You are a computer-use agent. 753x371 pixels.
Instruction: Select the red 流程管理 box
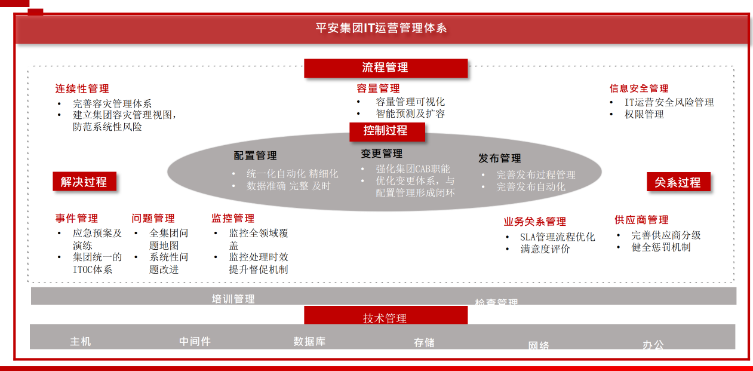(x=385, y=68)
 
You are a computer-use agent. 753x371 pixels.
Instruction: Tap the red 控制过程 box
(x=386, y=131)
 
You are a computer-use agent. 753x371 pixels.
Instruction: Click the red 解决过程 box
(x=84, y=182)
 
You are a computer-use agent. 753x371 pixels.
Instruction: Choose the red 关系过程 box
(x=678, y=182)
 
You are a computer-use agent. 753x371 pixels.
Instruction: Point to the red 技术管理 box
(x=385, y=317)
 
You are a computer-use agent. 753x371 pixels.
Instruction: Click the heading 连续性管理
(x=82, y=89)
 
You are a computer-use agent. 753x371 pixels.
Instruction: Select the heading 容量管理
(x=378, y=89)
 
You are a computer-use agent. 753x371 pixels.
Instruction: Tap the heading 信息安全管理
(x=638, y=88)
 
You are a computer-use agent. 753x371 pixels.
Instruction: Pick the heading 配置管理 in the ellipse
(x=255, y=156)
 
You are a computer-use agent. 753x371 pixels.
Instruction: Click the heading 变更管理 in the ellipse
(x=382, y=154)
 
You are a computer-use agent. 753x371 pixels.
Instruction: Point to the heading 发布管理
(x=499, y=158)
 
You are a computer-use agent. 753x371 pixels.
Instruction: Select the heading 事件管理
(x=76, y=219)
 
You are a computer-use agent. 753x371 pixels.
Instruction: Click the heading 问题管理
(x=153, y=219)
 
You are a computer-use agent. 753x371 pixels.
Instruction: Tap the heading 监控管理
(x=233, y=219)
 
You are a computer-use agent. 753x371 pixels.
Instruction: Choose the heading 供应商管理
(x=641, y=220)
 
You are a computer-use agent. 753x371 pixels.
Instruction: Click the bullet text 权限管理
(x=644, y=114)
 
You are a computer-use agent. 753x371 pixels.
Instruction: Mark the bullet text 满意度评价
(x=545, y=249)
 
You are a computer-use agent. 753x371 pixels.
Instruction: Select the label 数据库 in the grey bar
(x=309, y=342)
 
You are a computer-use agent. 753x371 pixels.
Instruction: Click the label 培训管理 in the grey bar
(x=233, y=299)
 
